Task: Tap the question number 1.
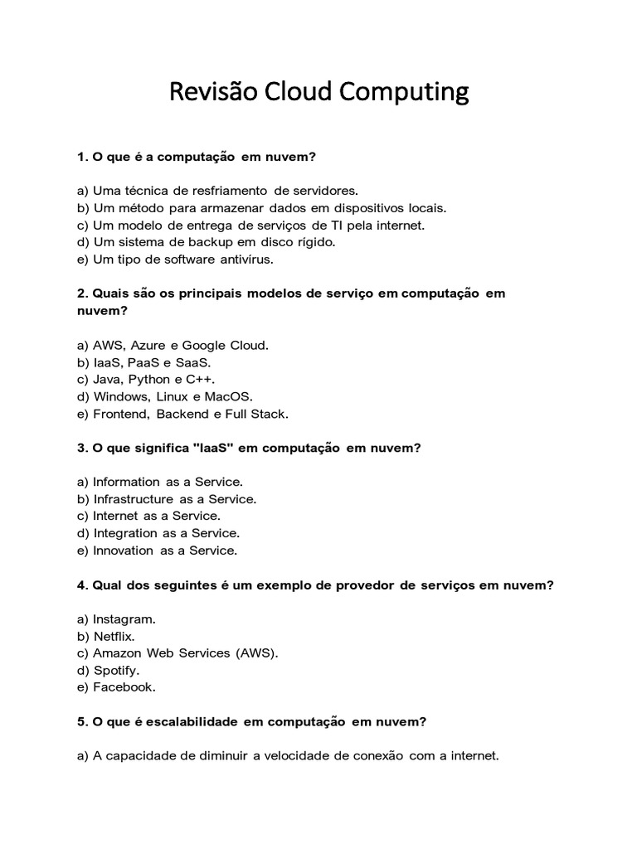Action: pyautogui.click(x=82, y=156)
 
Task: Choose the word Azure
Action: pyautogui.click(x=149, y=344)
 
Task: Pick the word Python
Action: pyautogui.click(x=150, y=379)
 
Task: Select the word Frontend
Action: pyautogui.click(x=120, y=414)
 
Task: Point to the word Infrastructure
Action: pyautogui.click(x=134, y=498)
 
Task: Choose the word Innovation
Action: pyautogui.click(x=124, y=551)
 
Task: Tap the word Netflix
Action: pyautogui.click(x=114, y=636)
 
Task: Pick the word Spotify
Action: pyautogui.click(x=116, y=670)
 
